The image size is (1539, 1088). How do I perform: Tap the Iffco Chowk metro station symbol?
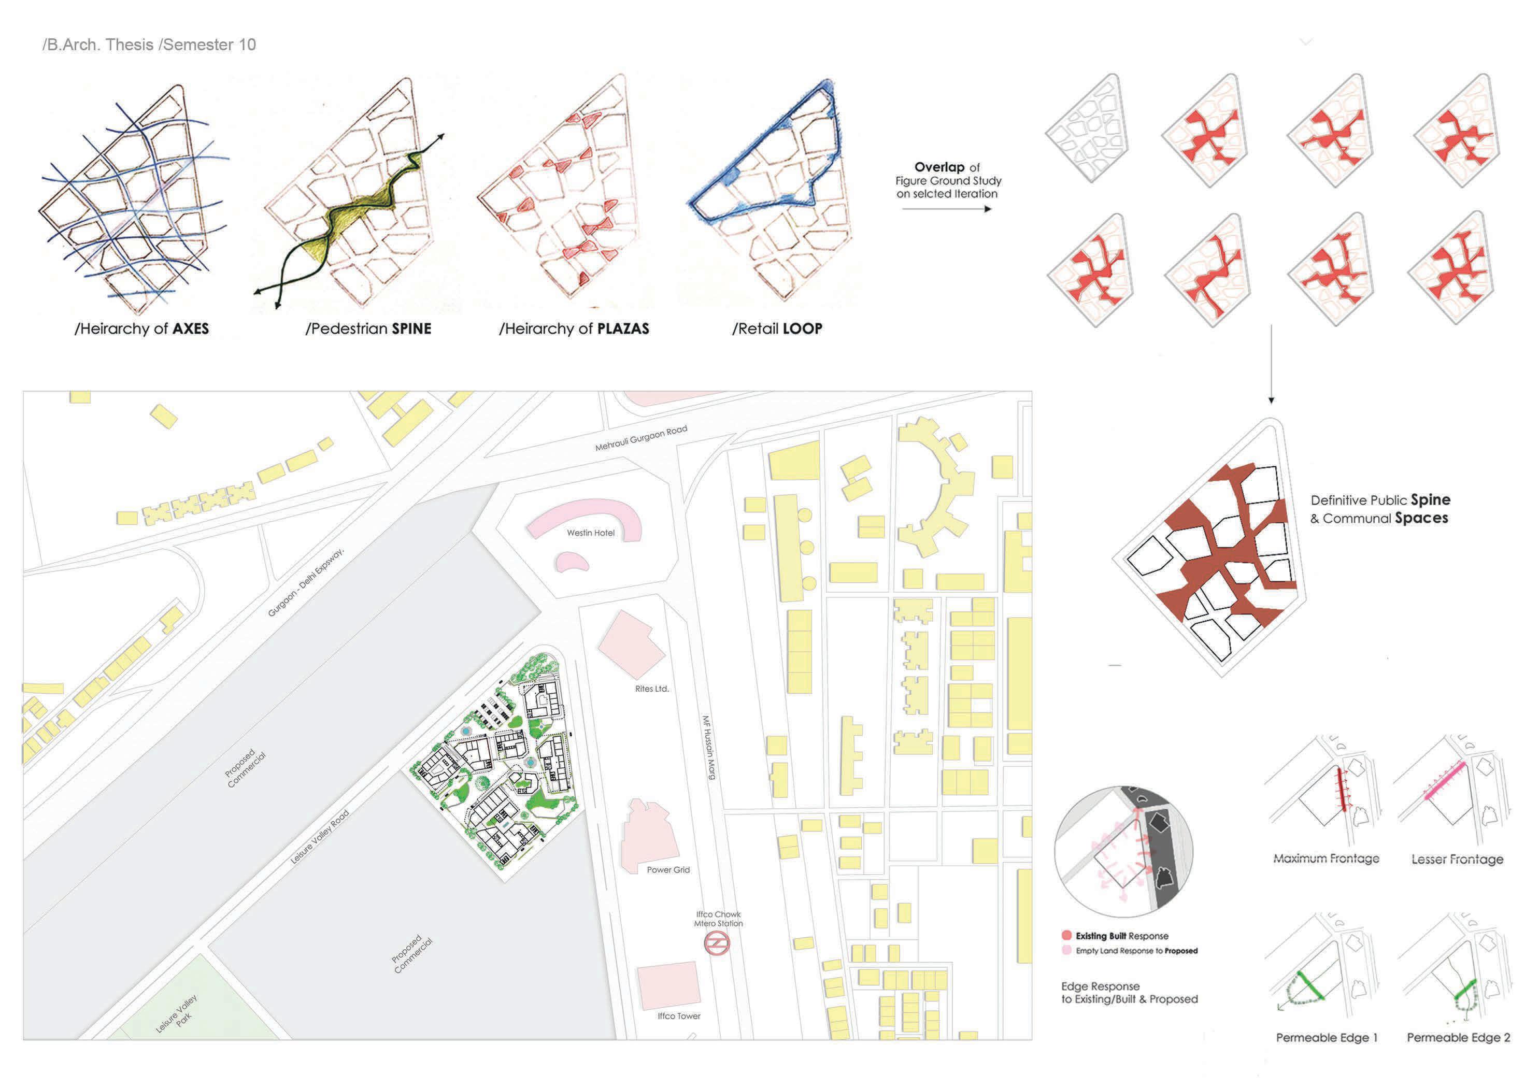click(717, 943)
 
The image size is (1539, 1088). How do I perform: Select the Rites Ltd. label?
click(651, 689)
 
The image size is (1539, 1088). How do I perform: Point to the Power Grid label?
click(667, 869)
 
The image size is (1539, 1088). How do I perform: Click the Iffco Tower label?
click(678, 1015)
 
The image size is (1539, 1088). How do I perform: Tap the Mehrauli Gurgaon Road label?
click(641, 438)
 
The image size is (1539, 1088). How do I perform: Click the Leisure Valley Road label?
click(320, 837)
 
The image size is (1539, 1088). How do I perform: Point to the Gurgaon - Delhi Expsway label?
click(306, 582)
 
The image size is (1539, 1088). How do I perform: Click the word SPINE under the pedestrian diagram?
click(411, 328)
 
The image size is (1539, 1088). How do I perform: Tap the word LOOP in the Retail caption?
click(802, 328)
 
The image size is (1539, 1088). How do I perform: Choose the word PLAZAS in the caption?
click(623, 328)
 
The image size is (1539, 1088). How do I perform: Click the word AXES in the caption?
click(190, 328)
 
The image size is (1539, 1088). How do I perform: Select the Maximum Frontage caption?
click(1326, 858)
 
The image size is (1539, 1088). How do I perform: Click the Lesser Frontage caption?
click(1457, 858)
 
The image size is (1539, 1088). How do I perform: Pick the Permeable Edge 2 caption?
click(1458, 1037)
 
